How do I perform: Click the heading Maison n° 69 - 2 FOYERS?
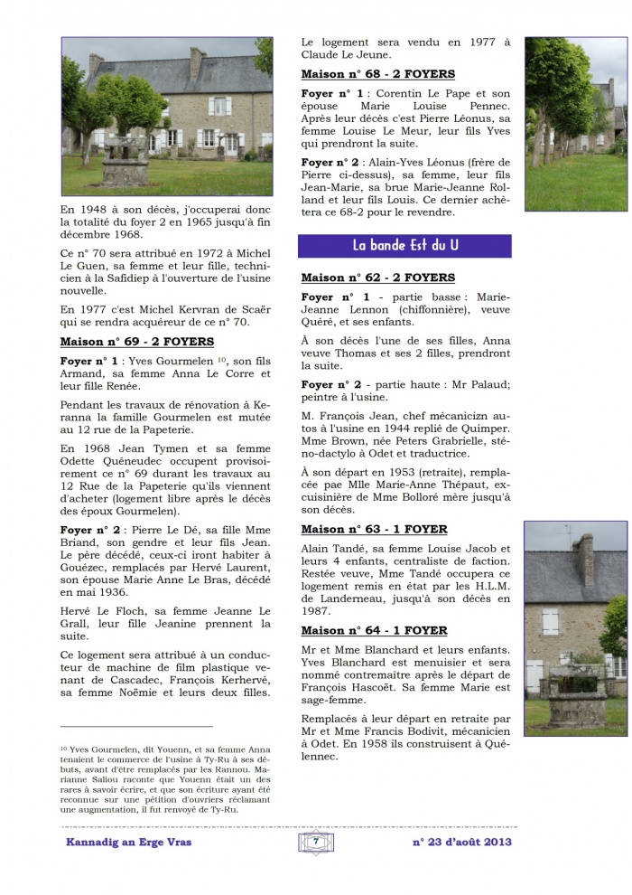coord(136,342)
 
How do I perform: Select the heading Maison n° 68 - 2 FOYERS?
coord(377,74)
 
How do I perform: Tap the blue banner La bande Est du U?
coord(404,246)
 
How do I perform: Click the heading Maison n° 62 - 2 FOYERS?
coord(377,278)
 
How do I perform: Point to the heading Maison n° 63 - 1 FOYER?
coord(374,529)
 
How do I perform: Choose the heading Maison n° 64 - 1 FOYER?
coord(374,630)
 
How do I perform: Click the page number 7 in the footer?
coord(316,841)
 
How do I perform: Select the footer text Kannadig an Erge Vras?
coord(128,842)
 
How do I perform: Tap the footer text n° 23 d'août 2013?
coord(460,842)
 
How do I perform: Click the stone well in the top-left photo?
coord(124,161)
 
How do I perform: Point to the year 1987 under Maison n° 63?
coord(315,611)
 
